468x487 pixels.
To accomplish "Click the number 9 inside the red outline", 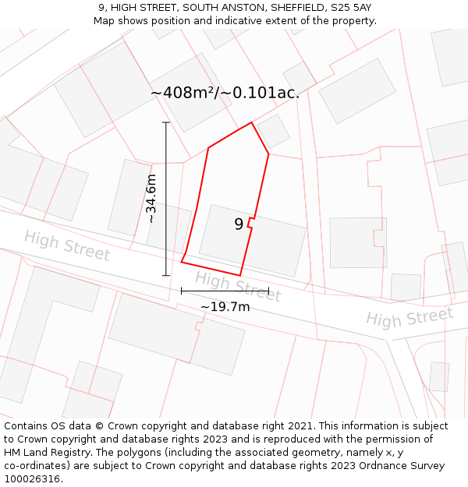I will click(x=239, y=224).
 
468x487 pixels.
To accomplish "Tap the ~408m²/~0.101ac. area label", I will click(x=225, y=93).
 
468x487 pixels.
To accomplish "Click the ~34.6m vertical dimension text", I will click(x=151, y=199).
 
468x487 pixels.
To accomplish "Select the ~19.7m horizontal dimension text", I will click(x=225, y=307).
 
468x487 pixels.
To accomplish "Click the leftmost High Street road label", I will click(x=66, y=245).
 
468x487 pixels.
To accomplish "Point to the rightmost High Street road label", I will click(x=409, y=316).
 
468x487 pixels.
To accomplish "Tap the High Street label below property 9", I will click(x=237, y=286).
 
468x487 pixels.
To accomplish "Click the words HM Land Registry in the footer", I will click(x=37, y=453).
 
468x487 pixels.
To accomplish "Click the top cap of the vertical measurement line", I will click(x=165, y=122).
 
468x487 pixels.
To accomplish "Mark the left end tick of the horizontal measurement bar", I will click(x=182, y=291).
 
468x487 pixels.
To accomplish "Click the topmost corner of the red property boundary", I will click(x=251, y=122).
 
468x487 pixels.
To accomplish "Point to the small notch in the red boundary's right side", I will click(x=250, y=223).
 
